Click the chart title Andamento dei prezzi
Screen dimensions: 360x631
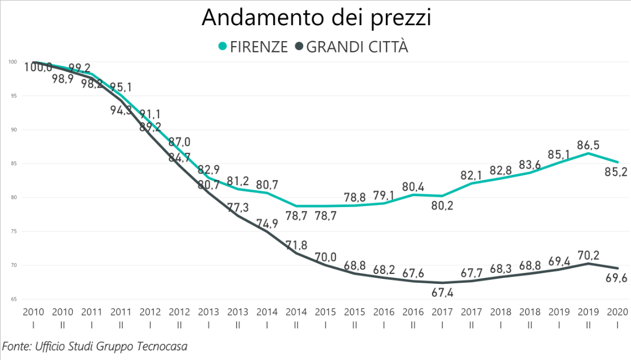point(316,17)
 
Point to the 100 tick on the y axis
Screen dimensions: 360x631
point(12,62)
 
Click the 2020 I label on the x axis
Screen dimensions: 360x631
point(618,316)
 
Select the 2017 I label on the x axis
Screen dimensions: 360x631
point(442,316)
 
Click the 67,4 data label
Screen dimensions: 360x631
point(442,294)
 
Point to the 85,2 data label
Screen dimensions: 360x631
point(616,173)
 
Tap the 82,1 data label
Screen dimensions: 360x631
point(472,175)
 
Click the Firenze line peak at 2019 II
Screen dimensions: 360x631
point(588,153)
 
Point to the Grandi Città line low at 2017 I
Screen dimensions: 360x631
point(442,283)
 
